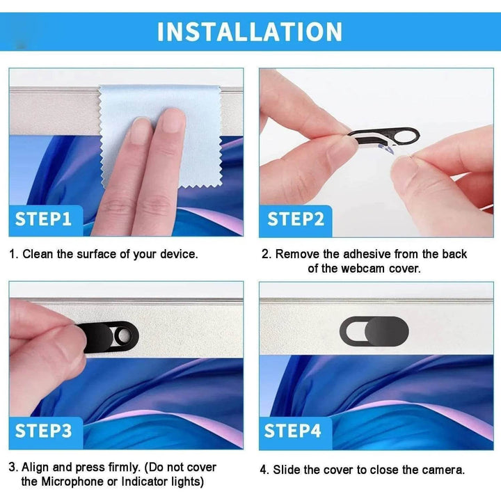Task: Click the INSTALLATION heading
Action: point(250,32)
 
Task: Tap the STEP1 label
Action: point(43,219)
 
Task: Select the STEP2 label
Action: point(296,219)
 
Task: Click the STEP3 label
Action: point(43,431)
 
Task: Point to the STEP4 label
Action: point(292,431)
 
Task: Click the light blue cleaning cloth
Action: point(160,134)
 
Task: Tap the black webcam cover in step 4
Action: point(374,331)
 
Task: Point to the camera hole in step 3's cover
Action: point(122,336)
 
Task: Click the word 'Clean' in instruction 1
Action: point(38,255)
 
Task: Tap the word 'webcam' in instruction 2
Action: point(363,269)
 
